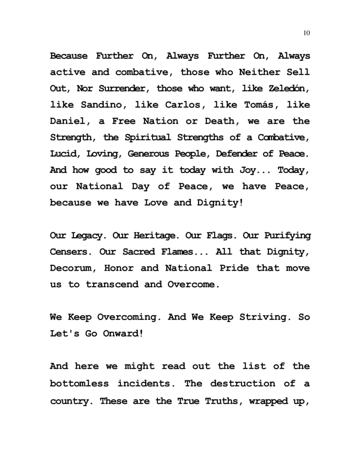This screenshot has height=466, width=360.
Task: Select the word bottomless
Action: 79,384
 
